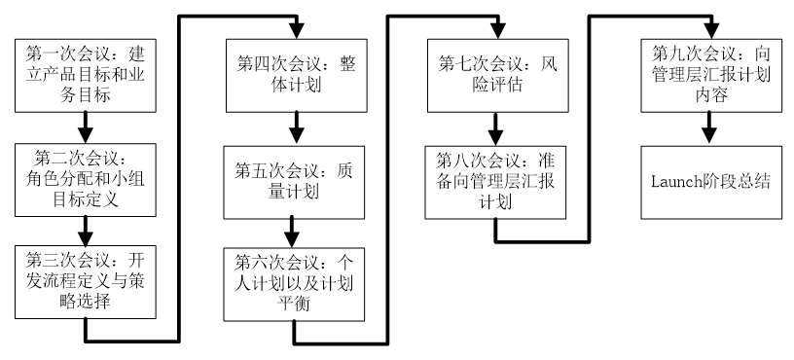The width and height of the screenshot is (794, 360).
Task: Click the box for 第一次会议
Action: [85, 76]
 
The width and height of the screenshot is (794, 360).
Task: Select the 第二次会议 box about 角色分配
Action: [85, 180]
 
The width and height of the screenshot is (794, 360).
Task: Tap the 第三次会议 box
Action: [85, 282]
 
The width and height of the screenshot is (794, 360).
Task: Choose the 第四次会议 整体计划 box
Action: [296, 76]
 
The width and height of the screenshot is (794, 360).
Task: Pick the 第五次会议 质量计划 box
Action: [294, 183]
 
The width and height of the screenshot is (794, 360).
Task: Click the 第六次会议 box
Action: [294, 284]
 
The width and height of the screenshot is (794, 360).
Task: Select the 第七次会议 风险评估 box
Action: [498, 76]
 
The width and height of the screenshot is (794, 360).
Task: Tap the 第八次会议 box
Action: [495, 183]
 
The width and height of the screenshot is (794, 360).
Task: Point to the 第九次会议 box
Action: [711, 76]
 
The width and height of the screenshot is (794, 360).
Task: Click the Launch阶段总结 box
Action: [711, 183]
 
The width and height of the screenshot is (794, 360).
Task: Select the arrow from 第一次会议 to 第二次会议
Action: [85, 127]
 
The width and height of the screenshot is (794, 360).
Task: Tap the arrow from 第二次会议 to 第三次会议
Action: [85, 231]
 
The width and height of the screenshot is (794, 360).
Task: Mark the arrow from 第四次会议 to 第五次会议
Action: [296, 129]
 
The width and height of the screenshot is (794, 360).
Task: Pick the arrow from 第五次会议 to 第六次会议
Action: [292, 234]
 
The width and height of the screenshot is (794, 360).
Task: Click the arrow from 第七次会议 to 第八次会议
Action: [495, 129]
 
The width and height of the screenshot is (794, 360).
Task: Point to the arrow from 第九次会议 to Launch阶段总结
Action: [709, 129]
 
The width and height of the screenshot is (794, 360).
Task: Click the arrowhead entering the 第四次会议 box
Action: [296, 31]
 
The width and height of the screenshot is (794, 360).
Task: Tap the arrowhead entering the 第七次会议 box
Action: [498, 31]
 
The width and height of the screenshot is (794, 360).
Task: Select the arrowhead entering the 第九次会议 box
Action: [711, 31]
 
